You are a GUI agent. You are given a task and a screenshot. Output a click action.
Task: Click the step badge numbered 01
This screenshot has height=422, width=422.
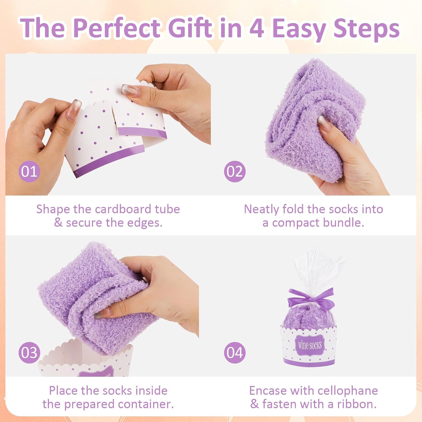[x=29, y=171]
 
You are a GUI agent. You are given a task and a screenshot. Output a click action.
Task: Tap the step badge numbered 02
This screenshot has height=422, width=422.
[x=235, y=171]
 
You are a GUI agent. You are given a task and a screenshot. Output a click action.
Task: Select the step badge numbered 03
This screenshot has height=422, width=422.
[x=29, y=353]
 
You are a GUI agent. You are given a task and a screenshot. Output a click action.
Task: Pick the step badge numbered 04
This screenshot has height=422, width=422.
[x=235, y=353]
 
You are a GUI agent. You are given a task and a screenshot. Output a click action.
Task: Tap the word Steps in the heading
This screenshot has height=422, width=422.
[x=366, y=28]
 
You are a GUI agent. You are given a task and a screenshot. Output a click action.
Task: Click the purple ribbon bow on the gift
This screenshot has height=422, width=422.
[x=310, y=298]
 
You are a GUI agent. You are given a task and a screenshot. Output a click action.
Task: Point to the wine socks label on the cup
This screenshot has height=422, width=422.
[x=310, y=345]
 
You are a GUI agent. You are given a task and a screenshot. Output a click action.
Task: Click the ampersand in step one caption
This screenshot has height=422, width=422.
[x=58, y=223]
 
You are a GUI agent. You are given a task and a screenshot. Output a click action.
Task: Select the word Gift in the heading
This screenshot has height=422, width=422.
[x=190, y=28]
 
